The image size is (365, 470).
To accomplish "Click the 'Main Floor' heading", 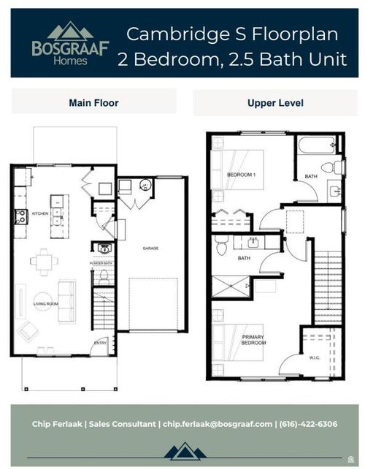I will tap(93, 102).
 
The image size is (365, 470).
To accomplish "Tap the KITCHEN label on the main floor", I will tap(39, 213).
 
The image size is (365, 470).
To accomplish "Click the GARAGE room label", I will tap(151, 249).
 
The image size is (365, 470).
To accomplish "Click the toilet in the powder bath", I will tap(104, 276).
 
